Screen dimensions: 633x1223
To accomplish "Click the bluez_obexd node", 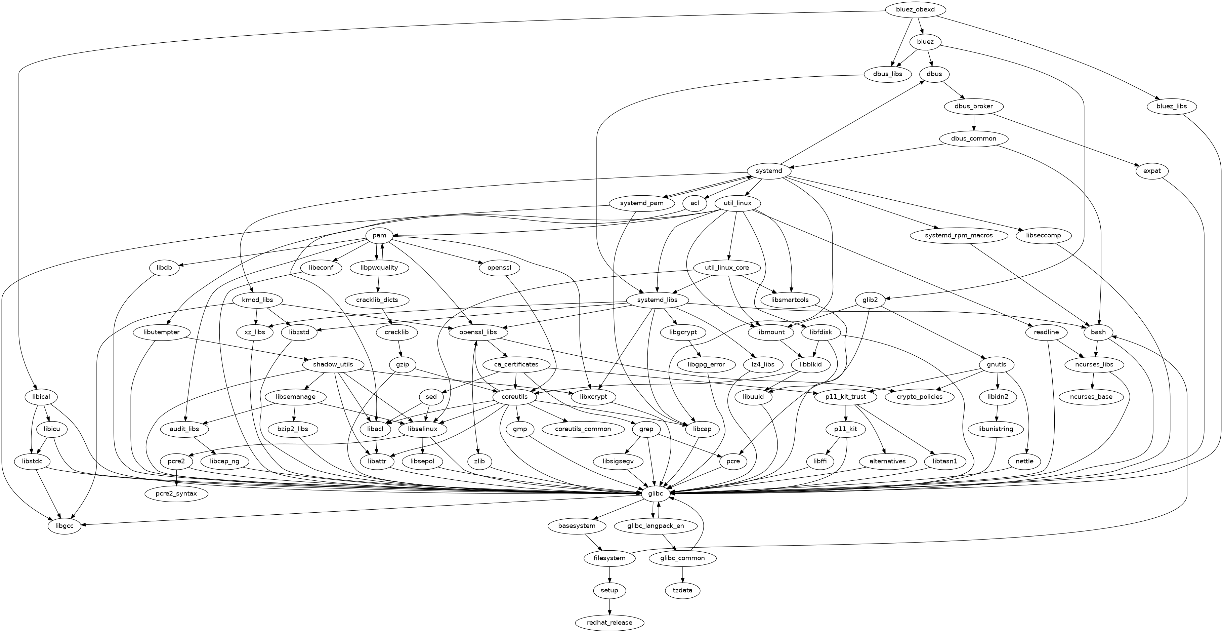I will [x=915, y=9].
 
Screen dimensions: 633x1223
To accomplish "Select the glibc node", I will [x=656, y=494].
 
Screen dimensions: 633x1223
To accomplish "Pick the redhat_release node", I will [x=609, y=623].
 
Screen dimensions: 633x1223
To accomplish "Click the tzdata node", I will [x=683, y=590].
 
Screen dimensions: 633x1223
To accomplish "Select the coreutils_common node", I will [x=583, y=429].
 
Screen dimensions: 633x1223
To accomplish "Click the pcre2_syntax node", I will [x=176, y=494].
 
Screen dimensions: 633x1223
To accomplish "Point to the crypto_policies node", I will [x=920, y=397].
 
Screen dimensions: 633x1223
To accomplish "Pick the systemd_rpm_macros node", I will [x=959, y=236].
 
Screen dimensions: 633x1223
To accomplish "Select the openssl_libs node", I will [x=478, y=332].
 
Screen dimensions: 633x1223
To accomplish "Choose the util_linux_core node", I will [x=727, y=268].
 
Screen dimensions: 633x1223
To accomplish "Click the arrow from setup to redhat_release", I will [x=609, y=606].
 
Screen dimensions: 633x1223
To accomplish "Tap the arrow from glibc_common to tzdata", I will [x=683, y=574].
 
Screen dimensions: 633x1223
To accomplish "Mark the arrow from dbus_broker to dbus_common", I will [x=974, y=122].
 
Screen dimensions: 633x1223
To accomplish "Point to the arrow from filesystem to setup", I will [x=609, y=574].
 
